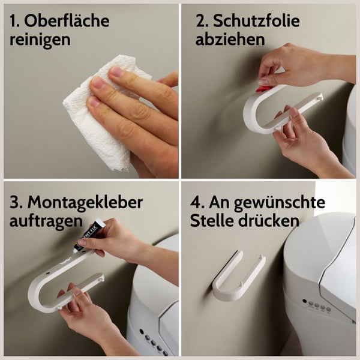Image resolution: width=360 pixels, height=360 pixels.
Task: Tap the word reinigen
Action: click(40, 40)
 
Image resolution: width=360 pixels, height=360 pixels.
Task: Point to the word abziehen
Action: click(230, 40)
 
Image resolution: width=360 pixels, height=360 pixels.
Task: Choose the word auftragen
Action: click(46, 220)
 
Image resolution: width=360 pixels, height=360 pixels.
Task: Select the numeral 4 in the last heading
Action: click(196, 202)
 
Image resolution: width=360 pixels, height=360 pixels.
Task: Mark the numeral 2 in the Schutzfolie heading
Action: click(200, 21)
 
